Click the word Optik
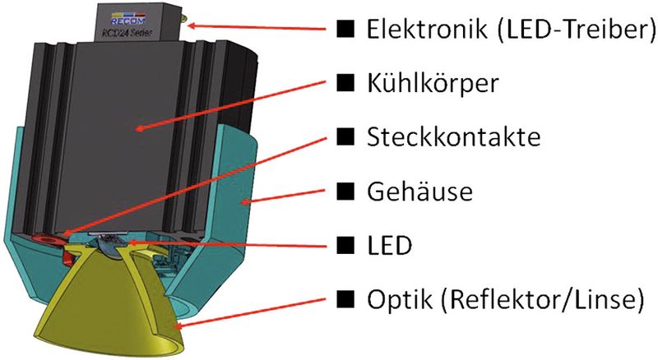point(394,298)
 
